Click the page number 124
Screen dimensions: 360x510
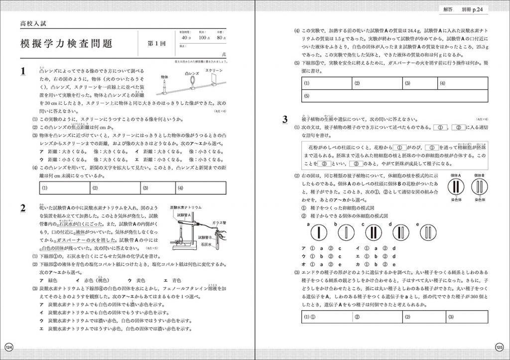tap(8, 347)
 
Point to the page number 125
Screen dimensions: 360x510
tap(500, 347)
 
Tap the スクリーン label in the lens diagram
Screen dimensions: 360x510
tap(215, 71)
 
